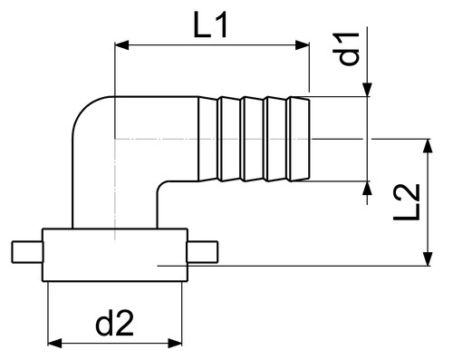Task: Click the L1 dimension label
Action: pyautogui.click(x=210, y=26)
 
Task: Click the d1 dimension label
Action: pyautogui.click(x=346, y=48)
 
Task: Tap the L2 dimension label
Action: pyautogui.click(x=407, y=202)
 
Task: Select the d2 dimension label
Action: pyautogui.click(x=114, y=324)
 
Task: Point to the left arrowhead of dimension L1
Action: pyautogui.click(x=121, y=45)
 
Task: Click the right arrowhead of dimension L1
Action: pyautogui.click(x=303, y=45)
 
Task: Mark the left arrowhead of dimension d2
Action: pyautogui.click(x=55, y=343)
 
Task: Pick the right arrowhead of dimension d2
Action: pyautogui.click(x=175, y=343)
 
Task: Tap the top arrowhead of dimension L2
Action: pyautogui.click(x=428, y=146)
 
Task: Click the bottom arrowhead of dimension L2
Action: pyautogui.click(x=428, y=259)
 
